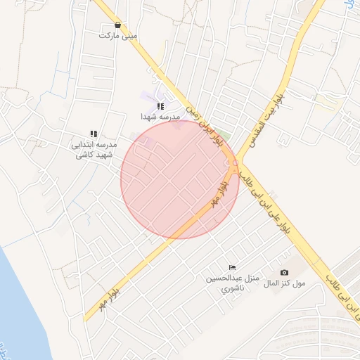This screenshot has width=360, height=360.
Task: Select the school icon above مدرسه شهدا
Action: tap(160, 106)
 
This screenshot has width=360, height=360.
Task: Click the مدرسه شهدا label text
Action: tap(160, 116)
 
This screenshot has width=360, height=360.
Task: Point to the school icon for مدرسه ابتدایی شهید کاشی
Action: tap(93, 134)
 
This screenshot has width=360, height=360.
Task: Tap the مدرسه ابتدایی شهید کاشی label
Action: tap(93, 148)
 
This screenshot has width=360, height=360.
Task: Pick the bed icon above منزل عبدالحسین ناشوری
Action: tap(233, 267)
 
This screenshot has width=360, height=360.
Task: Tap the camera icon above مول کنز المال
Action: tap(284, 272)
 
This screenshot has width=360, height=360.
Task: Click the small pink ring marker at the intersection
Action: tap(235, 164)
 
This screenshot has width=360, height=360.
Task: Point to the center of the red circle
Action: tap(180, 179)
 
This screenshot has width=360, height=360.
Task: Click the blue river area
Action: tap(18, 309)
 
